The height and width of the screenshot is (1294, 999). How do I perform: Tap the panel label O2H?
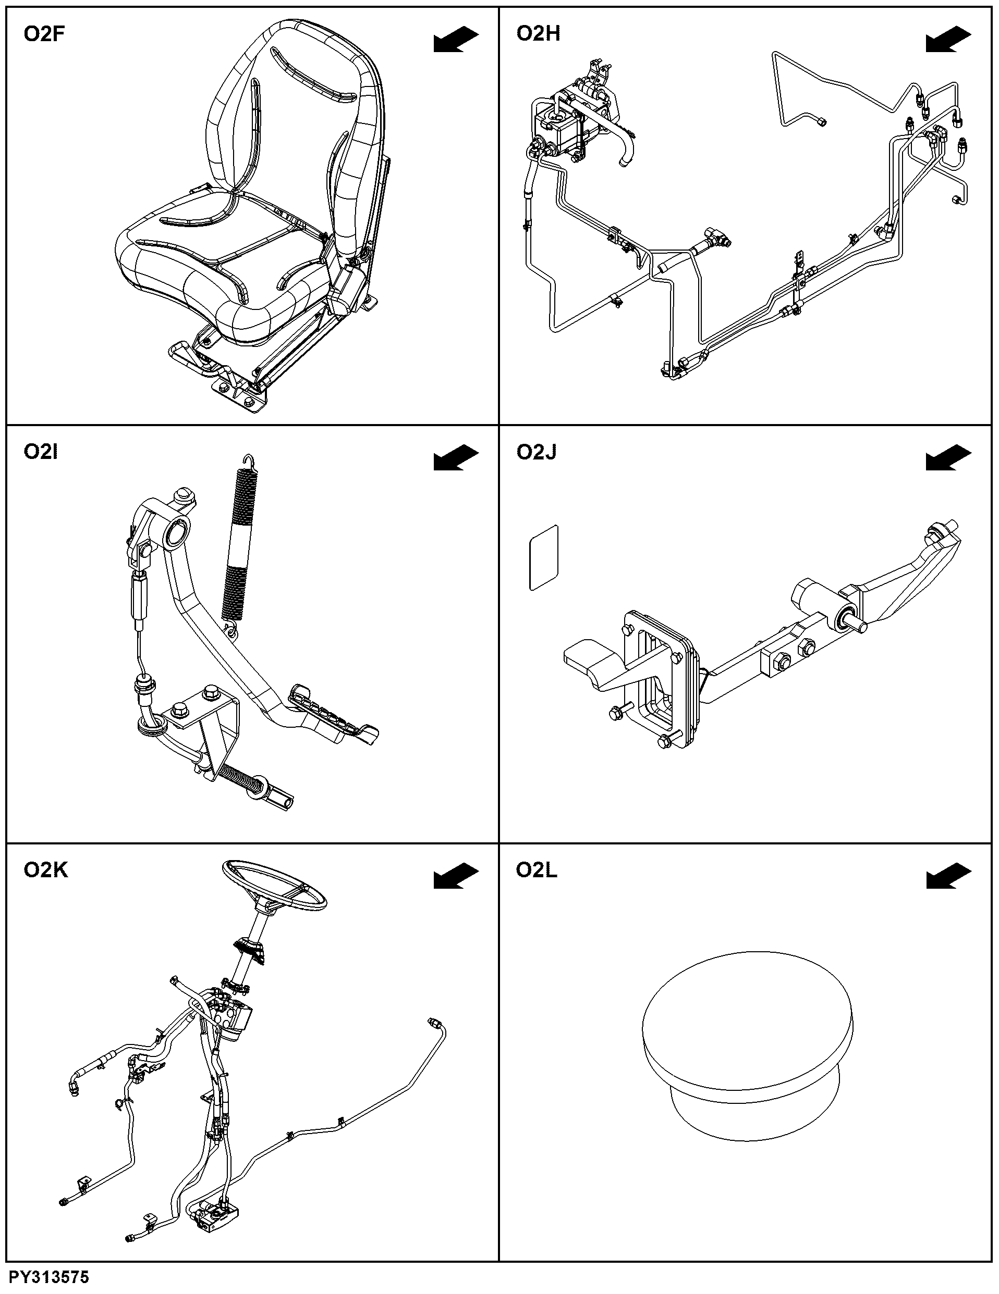point(538,34)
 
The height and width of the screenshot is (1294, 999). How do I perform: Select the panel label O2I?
point(41,452)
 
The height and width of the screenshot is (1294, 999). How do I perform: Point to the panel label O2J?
point(537,452)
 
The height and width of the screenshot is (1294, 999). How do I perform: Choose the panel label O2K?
point(46,870)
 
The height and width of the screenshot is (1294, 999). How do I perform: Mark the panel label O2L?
point(537,870)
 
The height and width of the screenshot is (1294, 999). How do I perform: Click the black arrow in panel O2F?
point(456,40)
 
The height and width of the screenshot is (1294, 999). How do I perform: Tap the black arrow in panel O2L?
point(948,876)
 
